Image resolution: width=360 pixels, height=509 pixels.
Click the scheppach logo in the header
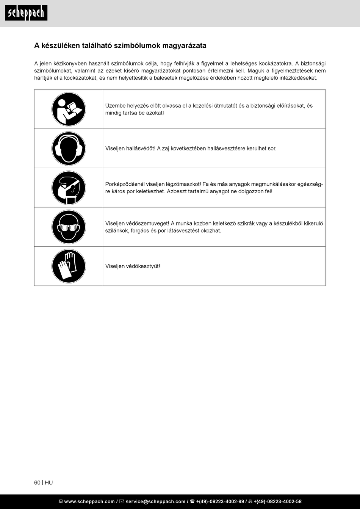click(26, 13)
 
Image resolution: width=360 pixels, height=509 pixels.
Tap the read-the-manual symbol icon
click(69, 109)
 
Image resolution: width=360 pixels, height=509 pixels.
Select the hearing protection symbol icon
click(69, 149)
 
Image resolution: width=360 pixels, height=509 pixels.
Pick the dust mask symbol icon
click(69, 188)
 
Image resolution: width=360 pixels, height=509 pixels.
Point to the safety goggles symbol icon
click(69, 227)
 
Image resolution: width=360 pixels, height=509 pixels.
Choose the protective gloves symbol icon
click(69, 266)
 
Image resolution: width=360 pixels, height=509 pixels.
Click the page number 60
click(37, 482)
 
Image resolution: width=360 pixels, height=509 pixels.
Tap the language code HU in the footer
click(49, 482)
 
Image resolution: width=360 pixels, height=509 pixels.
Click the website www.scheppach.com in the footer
click(89, 501)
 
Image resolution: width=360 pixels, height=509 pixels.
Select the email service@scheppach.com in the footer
click(155, 501)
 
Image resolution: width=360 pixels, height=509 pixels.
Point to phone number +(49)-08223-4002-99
click(220, 501)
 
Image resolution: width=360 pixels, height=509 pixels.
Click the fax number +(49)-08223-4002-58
click(277, 501)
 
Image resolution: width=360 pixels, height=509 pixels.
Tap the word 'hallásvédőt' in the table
click(141, 149)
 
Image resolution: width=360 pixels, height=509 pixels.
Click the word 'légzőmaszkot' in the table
click(183, 184)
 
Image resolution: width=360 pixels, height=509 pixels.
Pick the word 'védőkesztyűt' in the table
click(143, 266)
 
